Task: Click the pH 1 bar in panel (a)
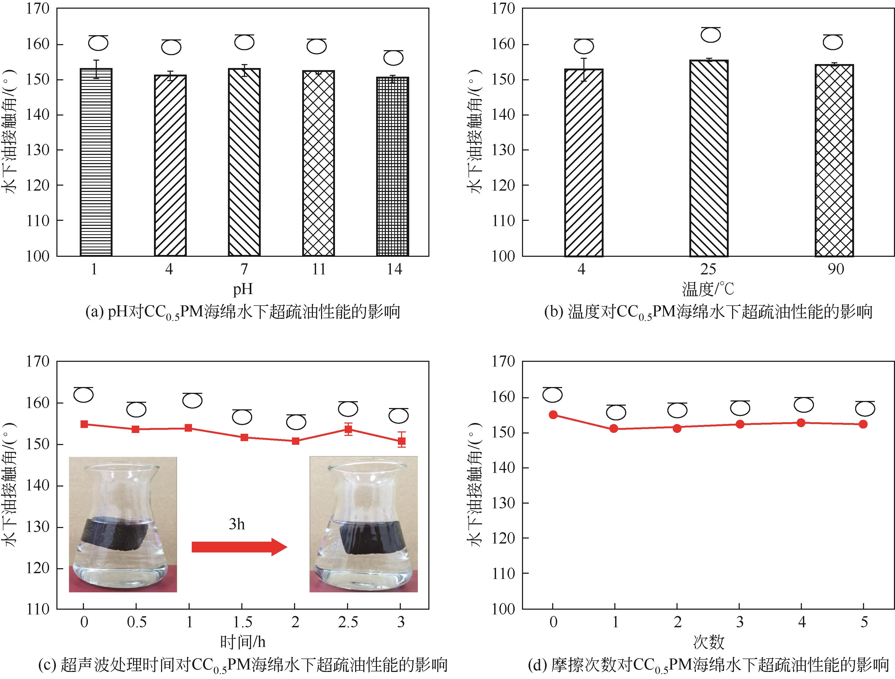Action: click(96, 162)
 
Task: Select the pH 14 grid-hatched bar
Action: click(392, 166)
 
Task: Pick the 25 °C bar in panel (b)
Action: click(708, 158)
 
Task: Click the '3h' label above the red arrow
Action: click(237, 524)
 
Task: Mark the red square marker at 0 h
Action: click(84, 424)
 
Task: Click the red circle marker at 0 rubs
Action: click(553, 415)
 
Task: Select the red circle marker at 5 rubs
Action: click(863, 424)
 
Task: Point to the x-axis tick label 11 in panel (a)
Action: click(318, 269)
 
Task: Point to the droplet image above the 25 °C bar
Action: click(711, 35)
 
